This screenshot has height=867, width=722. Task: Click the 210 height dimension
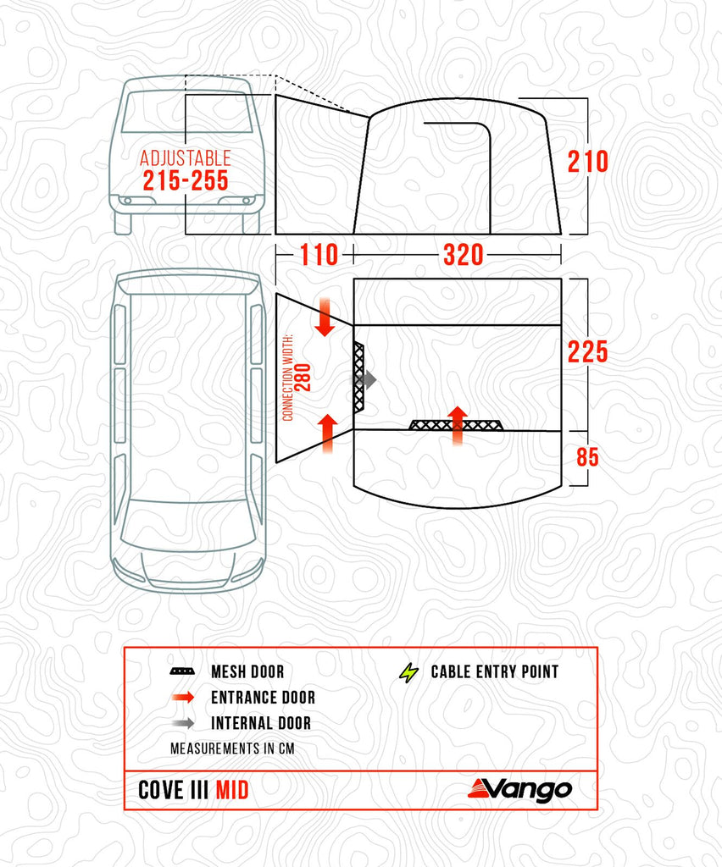click(588, 161)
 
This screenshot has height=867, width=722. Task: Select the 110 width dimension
click(317, 254)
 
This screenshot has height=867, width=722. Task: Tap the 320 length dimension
click(464, 254)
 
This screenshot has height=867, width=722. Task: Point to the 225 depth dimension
click(588, 351)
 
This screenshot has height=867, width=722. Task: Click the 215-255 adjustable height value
click(186, 180)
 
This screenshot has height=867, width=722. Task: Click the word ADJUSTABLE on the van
click(185, 158)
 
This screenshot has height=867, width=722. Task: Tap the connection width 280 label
click(297, 378)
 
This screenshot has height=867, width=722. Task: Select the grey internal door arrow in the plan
click(366, 380)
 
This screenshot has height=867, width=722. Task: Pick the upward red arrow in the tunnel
click(325, 429)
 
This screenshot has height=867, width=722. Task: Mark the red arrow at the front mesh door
click(458, 426)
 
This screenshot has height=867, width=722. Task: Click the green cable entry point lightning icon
click(409, 672)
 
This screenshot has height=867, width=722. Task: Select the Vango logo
click(519, 789)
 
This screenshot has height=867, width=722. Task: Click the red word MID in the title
click(231, 790)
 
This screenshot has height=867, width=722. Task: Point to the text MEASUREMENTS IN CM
click(232, 749)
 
